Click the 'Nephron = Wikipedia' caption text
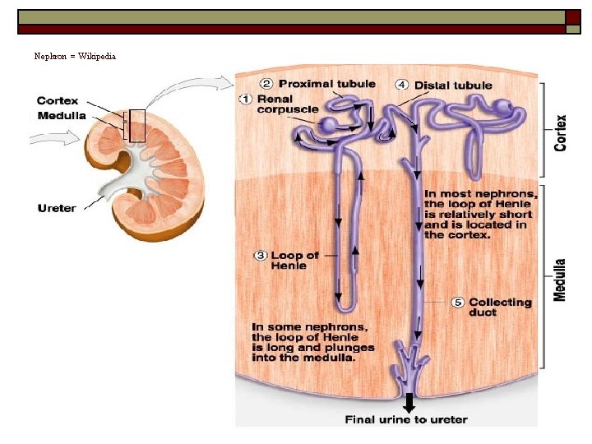[x=75, y=57]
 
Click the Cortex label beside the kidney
[x=58, y=101]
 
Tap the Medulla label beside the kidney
[x=61, y=115]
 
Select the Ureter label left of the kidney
[x=57, y=207]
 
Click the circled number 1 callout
[x=246, y=99]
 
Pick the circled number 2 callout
[x=267, y=83]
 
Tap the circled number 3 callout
[x=260, y=256]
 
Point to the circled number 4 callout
[x=402, y=85]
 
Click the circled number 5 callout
[x=458, y=303]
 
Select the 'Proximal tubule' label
[x=326, y=83]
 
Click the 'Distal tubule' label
[x=453, y=85]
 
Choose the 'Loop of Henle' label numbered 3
[x=294, y=261]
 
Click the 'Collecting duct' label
[x=500, y=307]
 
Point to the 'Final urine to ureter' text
[x=406, y=419]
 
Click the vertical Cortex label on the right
[x=561, y=132]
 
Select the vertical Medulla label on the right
[x=560, y=280]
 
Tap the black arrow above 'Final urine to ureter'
[x=409, y=402]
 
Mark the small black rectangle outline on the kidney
[x=136, y=126]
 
